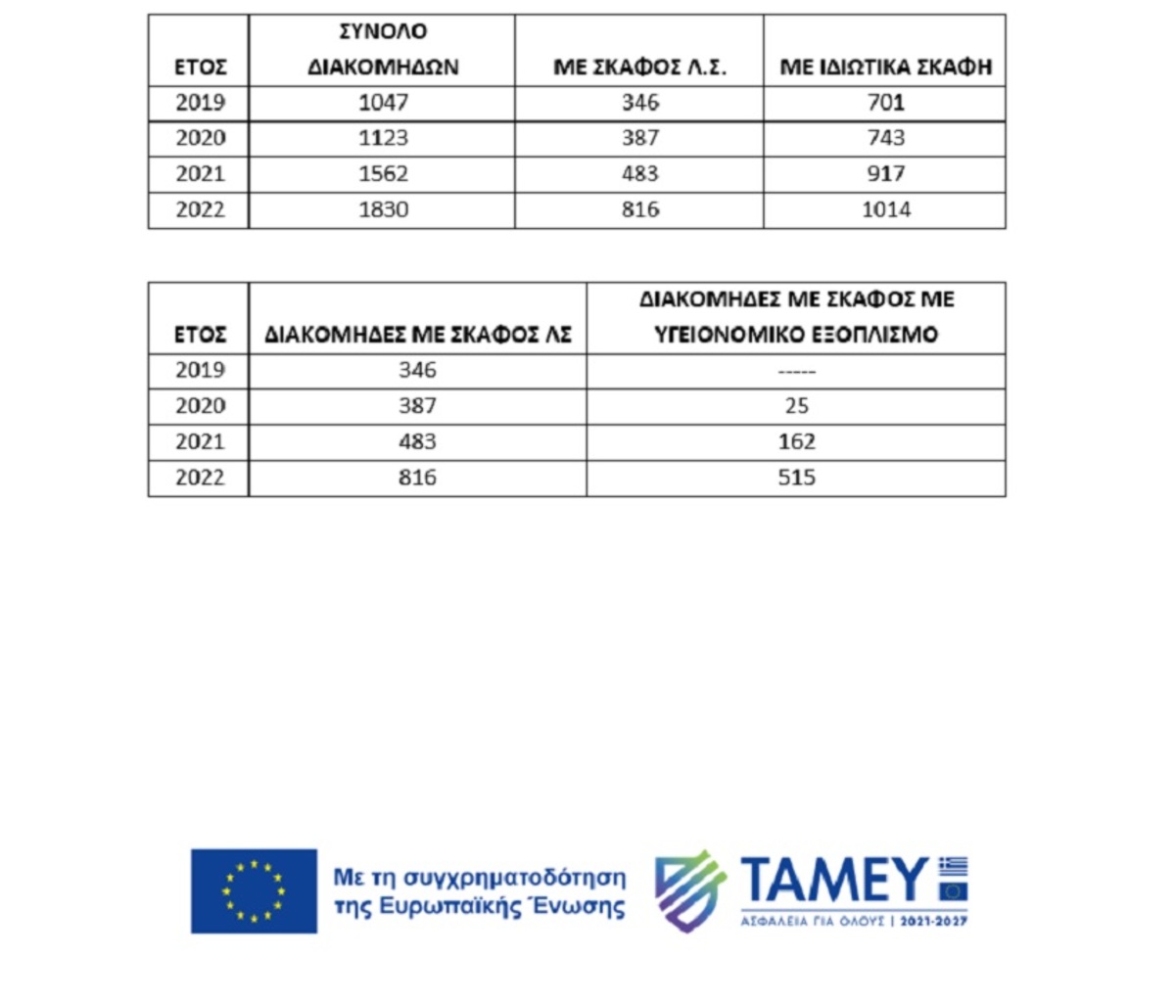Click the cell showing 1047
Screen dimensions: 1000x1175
(383, 103)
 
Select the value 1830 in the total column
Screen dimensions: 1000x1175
(383, 209)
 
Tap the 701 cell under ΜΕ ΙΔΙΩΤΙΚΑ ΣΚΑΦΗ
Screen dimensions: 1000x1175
(884, 103)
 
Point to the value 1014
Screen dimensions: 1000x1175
(885, 209)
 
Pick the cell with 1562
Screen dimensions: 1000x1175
(383, 174)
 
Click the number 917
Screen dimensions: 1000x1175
(884, 174)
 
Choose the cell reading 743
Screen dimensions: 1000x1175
(884, 138)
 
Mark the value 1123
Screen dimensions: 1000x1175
(383, 138)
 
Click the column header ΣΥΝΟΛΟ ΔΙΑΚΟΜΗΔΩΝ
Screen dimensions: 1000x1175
(383, 49)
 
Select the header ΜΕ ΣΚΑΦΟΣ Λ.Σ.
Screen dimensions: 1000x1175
(639, 68)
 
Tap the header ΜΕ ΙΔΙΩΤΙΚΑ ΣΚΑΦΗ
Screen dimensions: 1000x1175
(885, 68)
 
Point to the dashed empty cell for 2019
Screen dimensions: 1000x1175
(796, 371)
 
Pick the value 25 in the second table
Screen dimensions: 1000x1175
(796, 406)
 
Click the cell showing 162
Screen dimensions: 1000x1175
(796, 442)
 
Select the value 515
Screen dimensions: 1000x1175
(796, 477)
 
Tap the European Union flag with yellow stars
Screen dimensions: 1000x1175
(254, 890)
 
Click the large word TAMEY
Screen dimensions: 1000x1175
(833, 881)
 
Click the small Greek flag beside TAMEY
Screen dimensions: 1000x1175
(953, 867)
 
